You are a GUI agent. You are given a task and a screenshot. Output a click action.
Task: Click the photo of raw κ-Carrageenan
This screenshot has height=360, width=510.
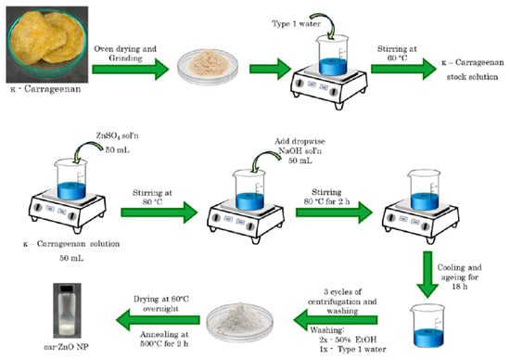point(47,45)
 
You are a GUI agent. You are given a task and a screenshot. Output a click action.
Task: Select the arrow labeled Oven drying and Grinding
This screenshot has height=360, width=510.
point(131,69)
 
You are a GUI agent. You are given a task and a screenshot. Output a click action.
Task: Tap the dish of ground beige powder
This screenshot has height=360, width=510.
point(208,67)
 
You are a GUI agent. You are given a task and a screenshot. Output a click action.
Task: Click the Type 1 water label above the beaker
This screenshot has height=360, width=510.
point(296,24)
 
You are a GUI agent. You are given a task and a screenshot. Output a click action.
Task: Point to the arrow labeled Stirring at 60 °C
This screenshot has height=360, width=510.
point(403,69)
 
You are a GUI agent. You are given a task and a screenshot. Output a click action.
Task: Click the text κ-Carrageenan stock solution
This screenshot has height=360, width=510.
point(473,70)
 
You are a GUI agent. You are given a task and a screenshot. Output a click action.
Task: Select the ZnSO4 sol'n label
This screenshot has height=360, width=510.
point(117,135)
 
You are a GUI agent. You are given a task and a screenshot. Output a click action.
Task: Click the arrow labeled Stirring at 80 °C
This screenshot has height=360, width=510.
point(159,212)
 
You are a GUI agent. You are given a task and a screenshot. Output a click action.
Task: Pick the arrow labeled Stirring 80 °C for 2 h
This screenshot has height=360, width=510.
point(334,212)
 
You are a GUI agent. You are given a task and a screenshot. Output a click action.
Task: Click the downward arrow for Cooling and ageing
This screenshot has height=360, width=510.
point(427,275)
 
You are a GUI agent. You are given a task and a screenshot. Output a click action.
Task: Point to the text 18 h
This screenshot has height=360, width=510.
point(459,287)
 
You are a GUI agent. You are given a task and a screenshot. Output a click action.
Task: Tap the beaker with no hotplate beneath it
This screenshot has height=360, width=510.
point(427,326)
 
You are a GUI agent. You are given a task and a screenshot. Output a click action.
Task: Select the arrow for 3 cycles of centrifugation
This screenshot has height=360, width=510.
point(336,319)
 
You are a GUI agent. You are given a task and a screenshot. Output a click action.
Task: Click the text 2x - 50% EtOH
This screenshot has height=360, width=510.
point(348,340)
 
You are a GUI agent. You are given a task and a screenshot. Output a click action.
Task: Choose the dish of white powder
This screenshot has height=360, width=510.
point(240,321)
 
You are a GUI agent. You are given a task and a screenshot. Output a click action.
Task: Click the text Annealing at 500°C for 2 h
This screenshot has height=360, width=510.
point(164,339)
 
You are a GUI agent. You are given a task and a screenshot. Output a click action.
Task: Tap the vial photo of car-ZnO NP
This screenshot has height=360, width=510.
point(68,311)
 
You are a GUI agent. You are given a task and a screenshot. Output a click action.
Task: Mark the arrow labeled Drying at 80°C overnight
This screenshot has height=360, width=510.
point(158,319)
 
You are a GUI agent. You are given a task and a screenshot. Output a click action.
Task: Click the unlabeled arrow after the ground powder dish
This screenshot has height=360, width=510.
point(270,69)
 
